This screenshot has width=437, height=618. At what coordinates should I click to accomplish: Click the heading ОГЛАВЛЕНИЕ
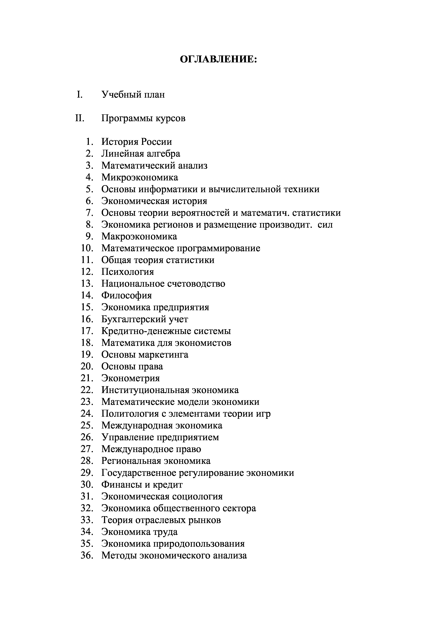click(218, 60)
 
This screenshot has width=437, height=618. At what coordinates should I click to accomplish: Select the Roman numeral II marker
click(80, 118)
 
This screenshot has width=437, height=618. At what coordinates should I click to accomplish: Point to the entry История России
click(136, 142)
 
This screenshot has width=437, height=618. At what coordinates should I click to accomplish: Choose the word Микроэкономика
click(140, 177)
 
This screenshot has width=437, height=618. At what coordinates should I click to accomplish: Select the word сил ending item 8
click(325, 225)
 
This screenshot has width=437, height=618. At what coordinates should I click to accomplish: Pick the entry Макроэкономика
click(139, 237)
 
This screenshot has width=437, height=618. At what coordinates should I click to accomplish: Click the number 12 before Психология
click(87, 272)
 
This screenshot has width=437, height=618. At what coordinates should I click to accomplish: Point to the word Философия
click(127, 296)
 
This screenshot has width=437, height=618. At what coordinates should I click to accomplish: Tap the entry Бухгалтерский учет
click(145, 319)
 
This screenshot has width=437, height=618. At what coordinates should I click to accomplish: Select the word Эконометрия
click(131, 378)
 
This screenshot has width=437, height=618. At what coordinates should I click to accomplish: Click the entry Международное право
click(151, 449)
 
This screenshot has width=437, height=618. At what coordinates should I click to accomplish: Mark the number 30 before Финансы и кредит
click(87, 485)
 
